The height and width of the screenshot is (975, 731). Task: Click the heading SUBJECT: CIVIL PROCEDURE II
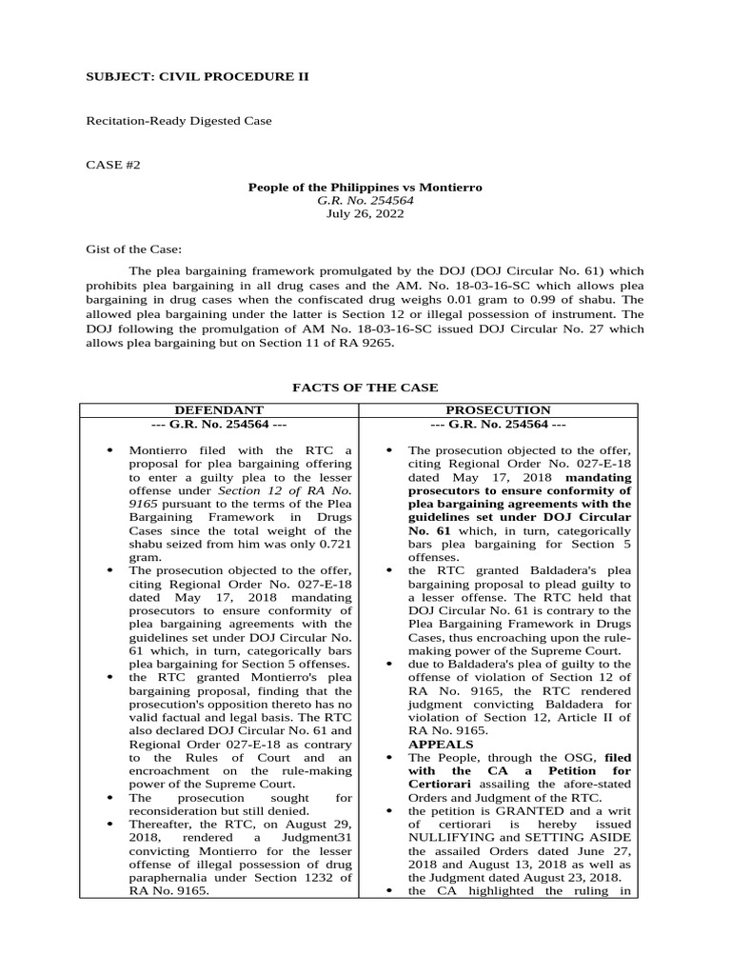[198, 76]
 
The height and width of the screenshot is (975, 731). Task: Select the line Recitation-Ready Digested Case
[179, 121]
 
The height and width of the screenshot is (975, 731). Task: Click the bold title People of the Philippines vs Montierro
[365, 187]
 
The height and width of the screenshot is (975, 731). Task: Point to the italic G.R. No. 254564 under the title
[365, 201]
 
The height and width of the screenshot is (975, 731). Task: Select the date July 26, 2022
[365, 214]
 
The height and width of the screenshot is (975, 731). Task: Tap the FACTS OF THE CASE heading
[365, 388]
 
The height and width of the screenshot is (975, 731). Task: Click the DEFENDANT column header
[218, 409]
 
